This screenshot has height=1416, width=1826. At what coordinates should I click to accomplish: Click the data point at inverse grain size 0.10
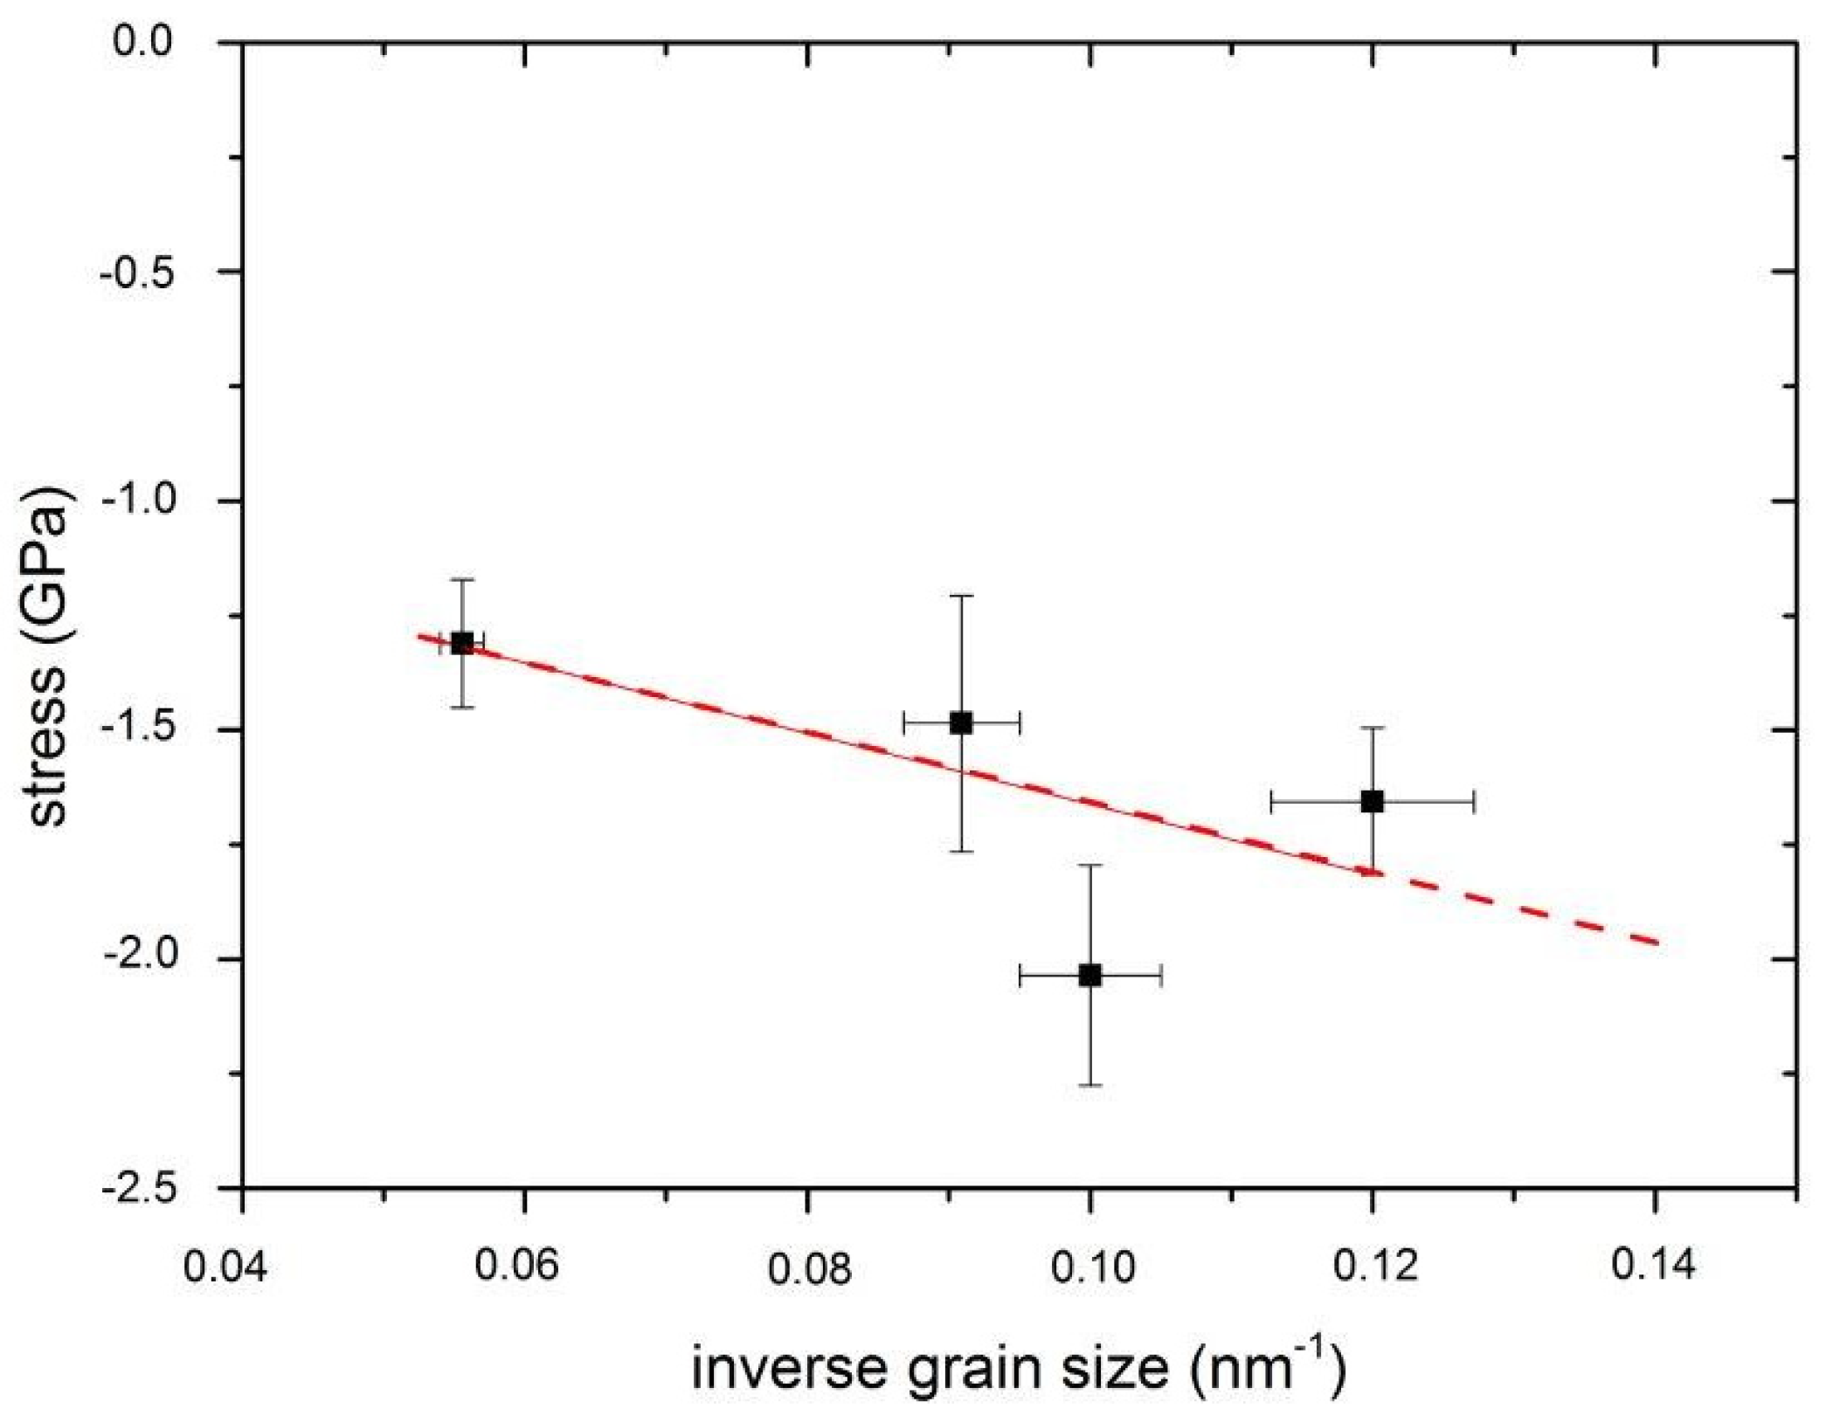(x=1089, y=975)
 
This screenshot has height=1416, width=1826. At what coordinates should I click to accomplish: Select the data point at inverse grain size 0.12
(x=1373, y=801)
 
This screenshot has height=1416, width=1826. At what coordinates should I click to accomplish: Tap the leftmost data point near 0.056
(x=462, y=644)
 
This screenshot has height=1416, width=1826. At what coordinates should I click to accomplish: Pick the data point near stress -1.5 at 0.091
(x=961, y=723)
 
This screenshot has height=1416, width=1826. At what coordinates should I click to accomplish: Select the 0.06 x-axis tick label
(x=515, y=1265)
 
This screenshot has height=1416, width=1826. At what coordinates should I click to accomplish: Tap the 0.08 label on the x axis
(x=808, y=1268)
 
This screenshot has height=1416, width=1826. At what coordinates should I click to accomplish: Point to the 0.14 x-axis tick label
(x=1654, y=1264)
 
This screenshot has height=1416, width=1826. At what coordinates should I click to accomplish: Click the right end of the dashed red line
(x=1656, y=943)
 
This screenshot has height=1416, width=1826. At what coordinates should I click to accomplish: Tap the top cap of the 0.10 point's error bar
(x=1089, y=865)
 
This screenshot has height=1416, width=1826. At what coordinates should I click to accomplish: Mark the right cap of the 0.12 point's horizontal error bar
(x=1474, y=801)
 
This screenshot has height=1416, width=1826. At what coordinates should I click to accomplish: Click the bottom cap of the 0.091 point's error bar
(x=961, y=851)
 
